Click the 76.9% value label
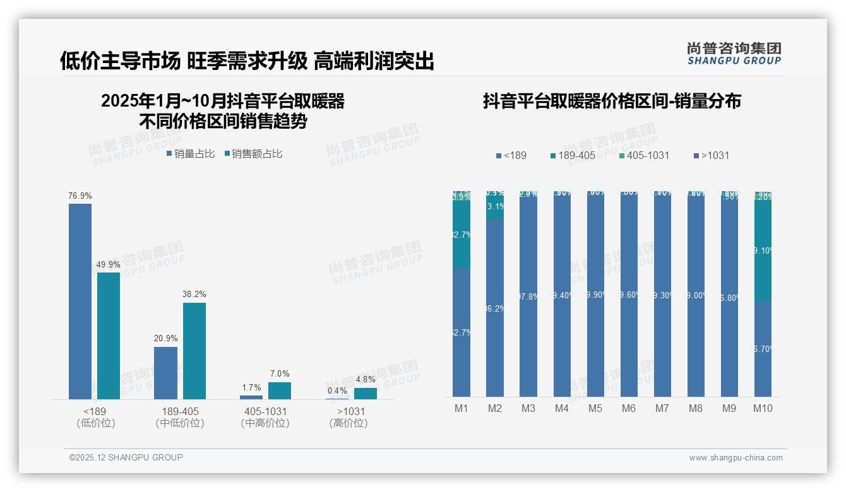coord(80,196)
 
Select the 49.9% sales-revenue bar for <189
coord(109,335)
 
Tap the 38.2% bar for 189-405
coord(194,351)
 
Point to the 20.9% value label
coord(165,339)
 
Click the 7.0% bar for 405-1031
coord(280,390)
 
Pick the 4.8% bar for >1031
coord(365,393)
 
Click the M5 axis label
coord(595,409)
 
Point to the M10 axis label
coord(763,409)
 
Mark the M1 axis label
coord(462,409)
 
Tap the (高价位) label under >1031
coord(349,423)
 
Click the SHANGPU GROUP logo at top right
coord(734,53)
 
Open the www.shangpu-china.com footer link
coord(736,458)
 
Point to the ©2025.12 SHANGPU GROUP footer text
coord(126,457)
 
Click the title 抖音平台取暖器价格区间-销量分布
coord(612,101)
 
